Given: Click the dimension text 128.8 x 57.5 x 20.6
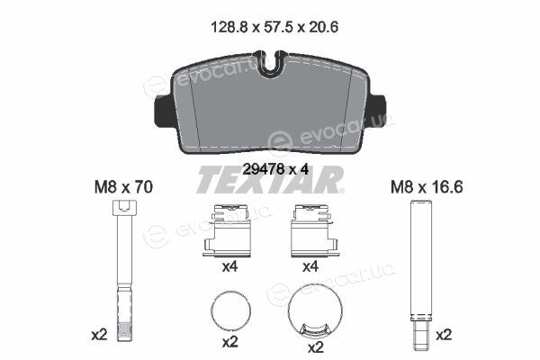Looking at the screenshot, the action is pyautogui.click(x=274, y=27).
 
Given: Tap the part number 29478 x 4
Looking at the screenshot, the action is pyautogui.click(x=275, y=169).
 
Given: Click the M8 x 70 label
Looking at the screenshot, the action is pyautogui.click(x=123, y=187).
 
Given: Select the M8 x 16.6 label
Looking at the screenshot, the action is pyautogui.click(x=427, y=187).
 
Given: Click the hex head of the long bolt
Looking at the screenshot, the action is pyautogui.click(x=124, y=208).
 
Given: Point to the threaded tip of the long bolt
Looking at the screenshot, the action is pyautogui.click(x=124, y=331).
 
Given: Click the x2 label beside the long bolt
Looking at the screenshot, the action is pyautogui.click(x=99, y=335).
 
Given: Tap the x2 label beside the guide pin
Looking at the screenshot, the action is pyautogui.click(x=444, y=335).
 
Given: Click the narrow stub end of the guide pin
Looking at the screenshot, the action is pyautogui.click(x=420, y=329).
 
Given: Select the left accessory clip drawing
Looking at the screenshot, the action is pyautogui.click(x=227, y=230).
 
